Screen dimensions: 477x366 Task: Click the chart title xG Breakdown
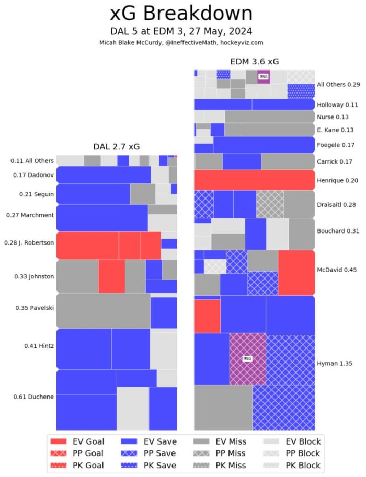(x=181, y=13)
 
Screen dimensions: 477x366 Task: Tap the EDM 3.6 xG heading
(x=254, y=62)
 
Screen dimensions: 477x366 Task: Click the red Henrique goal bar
(x=254, y=180)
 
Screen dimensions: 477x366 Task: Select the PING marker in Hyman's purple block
(x=247, y=358)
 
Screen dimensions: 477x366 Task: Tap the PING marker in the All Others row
(x=263, y=77)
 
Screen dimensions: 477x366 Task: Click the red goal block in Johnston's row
(x=111, y=276)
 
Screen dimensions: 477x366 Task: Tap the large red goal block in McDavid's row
(x=296, y=272)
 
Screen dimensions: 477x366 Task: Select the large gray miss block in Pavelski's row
(x=102, y=310)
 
